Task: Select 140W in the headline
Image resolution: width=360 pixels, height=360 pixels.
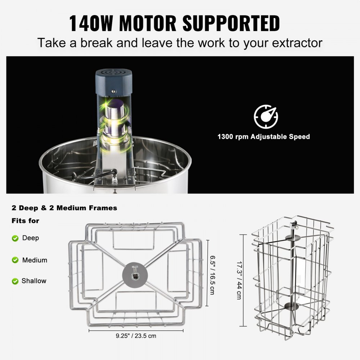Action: pyautogui.click(x=92, y=23)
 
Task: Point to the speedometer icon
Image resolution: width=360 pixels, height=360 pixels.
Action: pyautogui.click(x=266, y=116)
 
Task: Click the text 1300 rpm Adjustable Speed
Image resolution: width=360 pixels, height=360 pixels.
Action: pyautogui.click(x=263, y=137)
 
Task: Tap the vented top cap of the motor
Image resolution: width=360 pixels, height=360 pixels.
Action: pyautogui.click(x=113, y=76)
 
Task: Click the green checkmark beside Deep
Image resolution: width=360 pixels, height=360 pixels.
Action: pyautogui.click(x=15, y=238)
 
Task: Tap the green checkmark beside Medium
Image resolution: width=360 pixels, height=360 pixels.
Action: pyautogui.click(x=15, y=260)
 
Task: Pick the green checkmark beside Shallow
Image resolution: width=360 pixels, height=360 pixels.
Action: pyautogui.click(x=15, y=281)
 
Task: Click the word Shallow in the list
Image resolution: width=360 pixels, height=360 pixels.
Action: pyautogui.click(x=34, y=281)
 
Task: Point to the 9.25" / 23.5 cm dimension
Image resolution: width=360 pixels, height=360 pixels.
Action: pyautogui.click(x=136, y=336)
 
